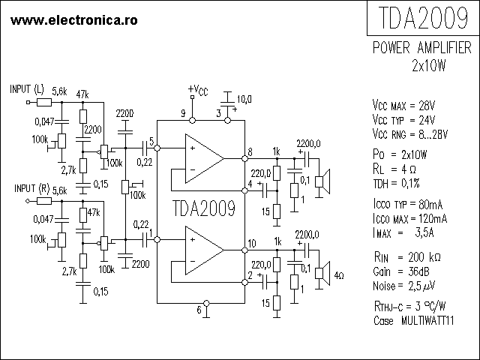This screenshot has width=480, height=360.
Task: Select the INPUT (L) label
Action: (x=28, y=88)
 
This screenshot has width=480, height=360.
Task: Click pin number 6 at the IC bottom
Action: (x=199, y=309)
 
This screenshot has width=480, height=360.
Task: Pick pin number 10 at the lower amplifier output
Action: (x=252, y=243)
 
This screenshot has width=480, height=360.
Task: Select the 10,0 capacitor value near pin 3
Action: (x=244, y=99)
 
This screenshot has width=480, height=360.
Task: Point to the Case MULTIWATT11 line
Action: (x=416, y=320)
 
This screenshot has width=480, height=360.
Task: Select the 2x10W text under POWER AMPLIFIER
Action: (x=428, y=65)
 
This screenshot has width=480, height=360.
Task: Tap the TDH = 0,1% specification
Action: (x=400, y=183)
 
